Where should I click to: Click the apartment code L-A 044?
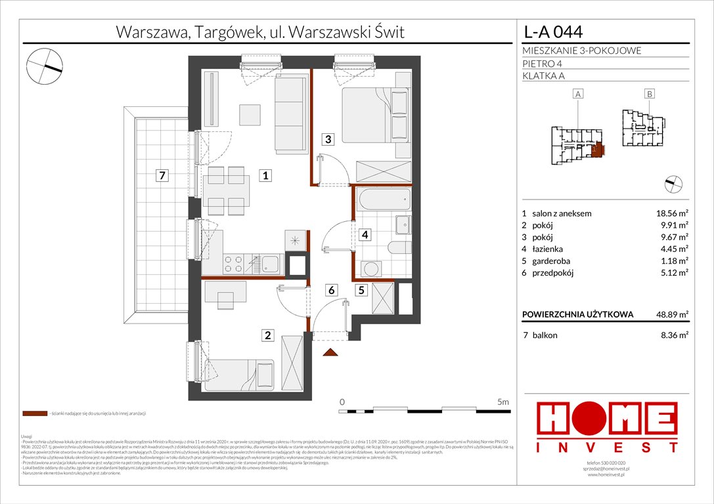click(x=552, y=31)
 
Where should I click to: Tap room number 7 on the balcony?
click(x=160, y=175)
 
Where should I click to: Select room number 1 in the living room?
click(x=264, y=175)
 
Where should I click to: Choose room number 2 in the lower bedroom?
click(x=267, y=336)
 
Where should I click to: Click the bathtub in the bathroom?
click(x=384, y=200)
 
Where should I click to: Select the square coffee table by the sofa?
click(x=250, y=115)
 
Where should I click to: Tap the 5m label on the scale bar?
click(x=502, y=401)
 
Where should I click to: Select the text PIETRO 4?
click(x=543, y=64)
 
